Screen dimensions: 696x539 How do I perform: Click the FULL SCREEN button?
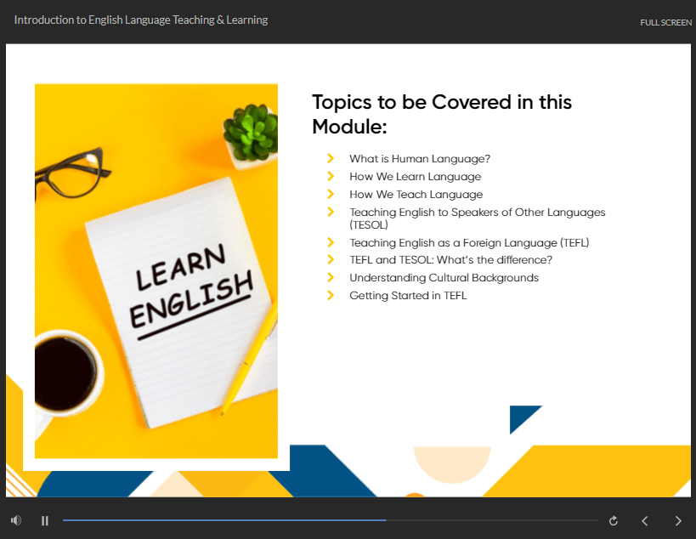click(665, 22)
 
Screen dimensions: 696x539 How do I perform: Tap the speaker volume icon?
click(16, 520)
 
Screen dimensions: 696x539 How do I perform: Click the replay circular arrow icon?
click(613, 520)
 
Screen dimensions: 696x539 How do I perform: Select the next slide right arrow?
click(678, 520)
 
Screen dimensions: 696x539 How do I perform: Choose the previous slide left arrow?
click(644, 520)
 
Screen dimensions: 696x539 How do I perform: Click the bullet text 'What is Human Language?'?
click(420, 158)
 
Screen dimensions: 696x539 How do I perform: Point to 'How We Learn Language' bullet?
click(415, 176)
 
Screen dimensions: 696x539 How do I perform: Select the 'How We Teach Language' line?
click(416, 194)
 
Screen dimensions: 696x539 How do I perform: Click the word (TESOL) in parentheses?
click(369, 224)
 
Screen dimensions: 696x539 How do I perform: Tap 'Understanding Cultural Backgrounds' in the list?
click(444, 277)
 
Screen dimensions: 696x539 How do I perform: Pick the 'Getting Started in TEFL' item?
click(408, 295)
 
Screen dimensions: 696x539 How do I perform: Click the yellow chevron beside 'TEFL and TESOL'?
click(331, 259)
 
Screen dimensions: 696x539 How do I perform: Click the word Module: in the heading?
click(349, 127)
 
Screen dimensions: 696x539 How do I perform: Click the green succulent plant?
click(251, 133)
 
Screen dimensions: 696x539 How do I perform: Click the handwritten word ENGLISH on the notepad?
click(191, 300)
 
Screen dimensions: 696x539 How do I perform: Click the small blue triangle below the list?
click(522, 417)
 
